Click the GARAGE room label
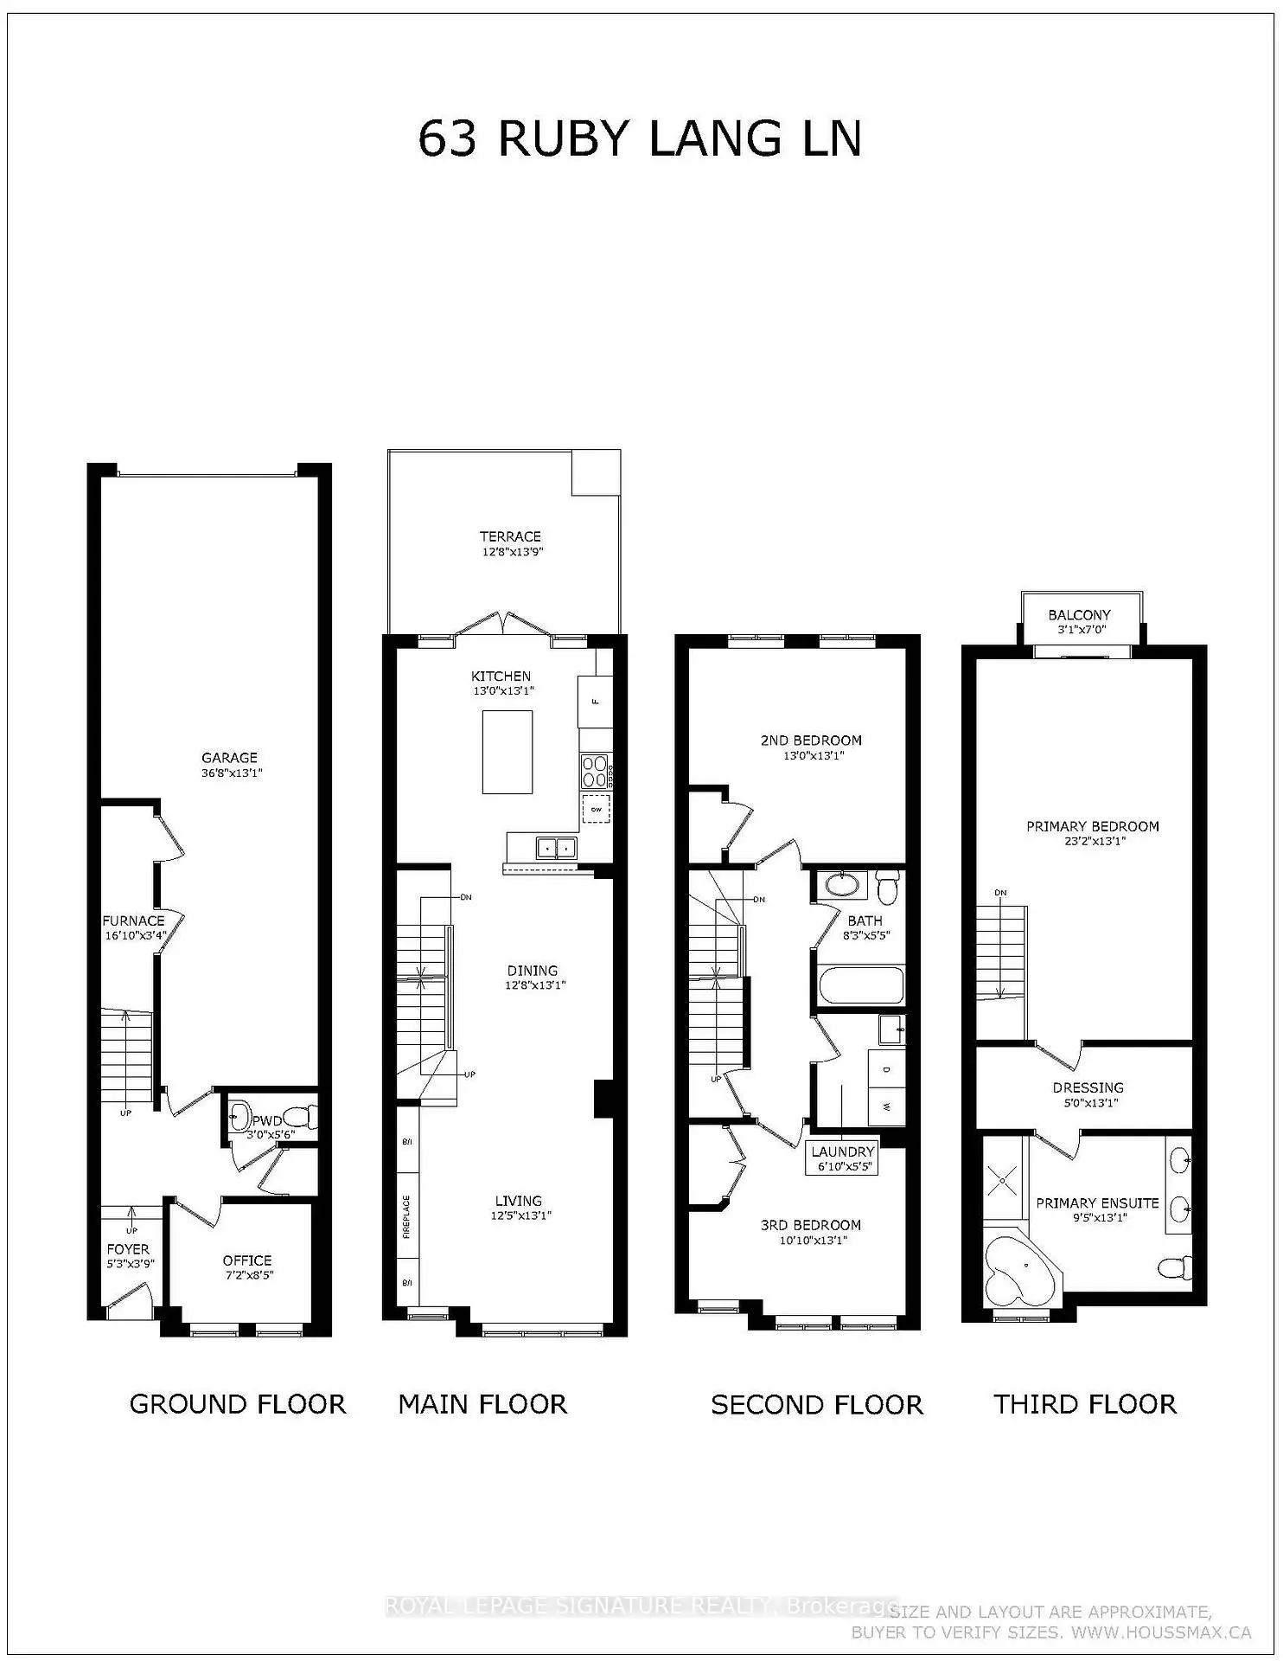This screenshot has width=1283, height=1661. tap(230, 758)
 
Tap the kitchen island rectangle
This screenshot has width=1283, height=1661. tap(507, 751)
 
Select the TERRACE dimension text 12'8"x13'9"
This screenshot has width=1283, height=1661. tap(513, 552)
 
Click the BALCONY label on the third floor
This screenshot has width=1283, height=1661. tap(1079, 615)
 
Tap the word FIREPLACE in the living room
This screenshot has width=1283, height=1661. tap(406, 1216)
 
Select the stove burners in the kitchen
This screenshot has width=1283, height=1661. tap(594, 766)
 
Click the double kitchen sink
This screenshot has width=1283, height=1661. tap(556, 848)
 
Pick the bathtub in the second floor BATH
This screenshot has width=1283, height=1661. tap(860, 985)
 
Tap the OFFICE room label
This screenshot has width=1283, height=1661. tap(247, 1260)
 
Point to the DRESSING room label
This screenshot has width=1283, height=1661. tap(1088, 1087)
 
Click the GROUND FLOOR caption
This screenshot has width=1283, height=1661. tap(238, 1404)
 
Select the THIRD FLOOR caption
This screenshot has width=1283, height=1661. tap(1085, 1404)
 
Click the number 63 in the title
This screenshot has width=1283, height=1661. tap(447, 139)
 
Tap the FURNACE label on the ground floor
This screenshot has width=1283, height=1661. tap(133, 920)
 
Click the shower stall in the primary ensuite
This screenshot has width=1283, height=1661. tap(1003, 1179)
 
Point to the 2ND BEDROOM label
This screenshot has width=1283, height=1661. tap(811, 741)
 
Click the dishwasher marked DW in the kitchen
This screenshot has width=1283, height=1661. tap(596, 809)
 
